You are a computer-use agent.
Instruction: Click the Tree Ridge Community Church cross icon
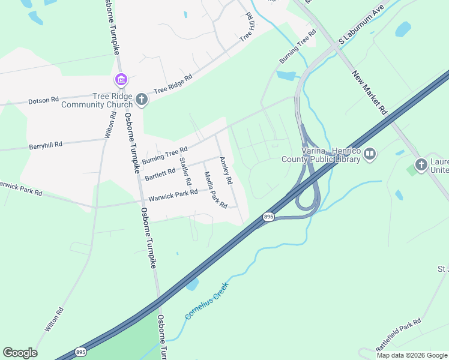[142, 99]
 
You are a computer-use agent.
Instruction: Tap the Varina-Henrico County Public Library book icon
[370, 155]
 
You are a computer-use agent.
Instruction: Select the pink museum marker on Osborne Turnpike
[120, 79]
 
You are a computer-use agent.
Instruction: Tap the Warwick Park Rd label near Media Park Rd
[173, 194]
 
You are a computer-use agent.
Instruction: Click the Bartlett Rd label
[160, 174]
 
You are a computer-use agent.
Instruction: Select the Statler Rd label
[185, 170]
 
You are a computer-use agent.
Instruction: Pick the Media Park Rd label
[215, 190]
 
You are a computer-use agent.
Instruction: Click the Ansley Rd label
[225, 170]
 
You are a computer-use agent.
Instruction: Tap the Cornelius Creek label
[207, 301]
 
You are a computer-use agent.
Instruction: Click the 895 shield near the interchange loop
[268, 216]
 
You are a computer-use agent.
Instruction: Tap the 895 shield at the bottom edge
[81, 352]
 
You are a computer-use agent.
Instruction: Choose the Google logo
[20, 353]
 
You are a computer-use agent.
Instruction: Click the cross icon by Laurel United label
[421, 164]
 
